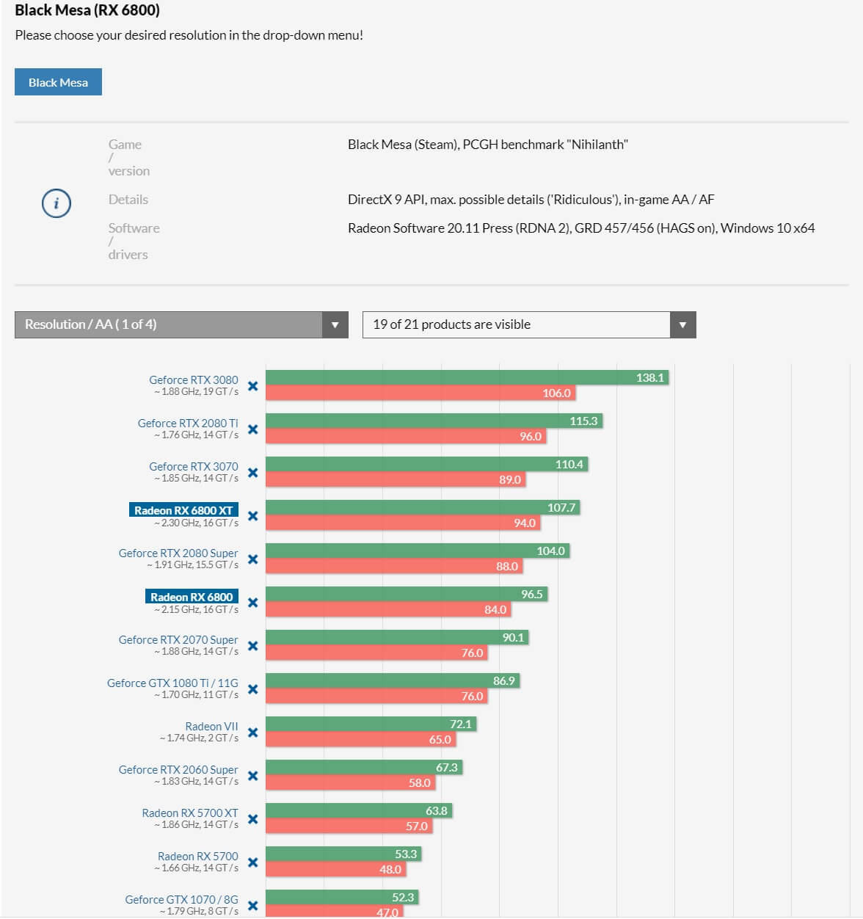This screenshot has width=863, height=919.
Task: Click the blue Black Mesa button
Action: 58,82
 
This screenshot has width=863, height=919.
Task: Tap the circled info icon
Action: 57,203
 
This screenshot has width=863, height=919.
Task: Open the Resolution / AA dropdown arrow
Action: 335,324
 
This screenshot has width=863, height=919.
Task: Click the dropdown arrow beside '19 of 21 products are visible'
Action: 682,324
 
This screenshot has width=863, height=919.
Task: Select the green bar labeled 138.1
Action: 467,377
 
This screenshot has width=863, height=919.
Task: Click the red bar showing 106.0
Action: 420,393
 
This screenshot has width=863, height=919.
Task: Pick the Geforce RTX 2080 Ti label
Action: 188,423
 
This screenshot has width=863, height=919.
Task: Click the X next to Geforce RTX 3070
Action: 252,473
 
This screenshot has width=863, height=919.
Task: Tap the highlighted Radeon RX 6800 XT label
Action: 183,510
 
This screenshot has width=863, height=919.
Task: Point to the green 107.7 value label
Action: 561,507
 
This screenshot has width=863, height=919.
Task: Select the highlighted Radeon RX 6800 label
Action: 192,597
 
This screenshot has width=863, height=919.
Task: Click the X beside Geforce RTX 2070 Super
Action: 252,646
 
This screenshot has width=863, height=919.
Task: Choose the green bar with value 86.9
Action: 393,680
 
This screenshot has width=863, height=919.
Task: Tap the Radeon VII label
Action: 211,726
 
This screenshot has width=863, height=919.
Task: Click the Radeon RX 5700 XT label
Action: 190,813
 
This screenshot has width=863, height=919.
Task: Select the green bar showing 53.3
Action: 343,854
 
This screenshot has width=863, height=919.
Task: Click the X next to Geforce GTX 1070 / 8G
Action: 252,906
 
